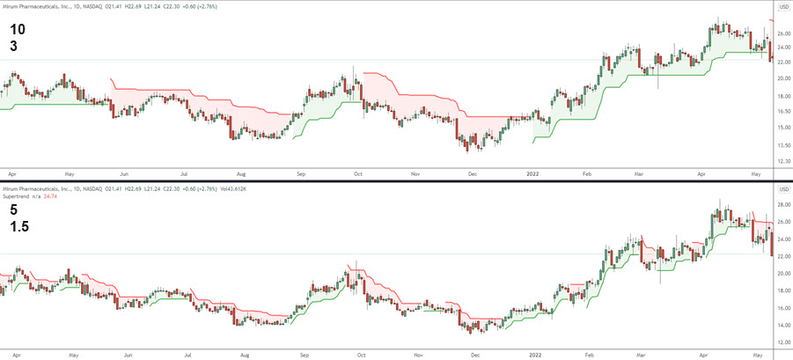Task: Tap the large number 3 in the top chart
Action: pos(15,46)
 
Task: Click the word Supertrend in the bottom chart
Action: pos(16,197)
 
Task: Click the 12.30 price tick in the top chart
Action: pos(782,160)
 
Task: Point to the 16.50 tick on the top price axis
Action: pos(782,112)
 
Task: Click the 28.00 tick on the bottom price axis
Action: pos(782,205)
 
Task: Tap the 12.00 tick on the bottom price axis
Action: pos(782,341)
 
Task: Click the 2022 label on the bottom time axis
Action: pos(534,355)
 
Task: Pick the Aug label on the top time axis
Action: pos(240,174)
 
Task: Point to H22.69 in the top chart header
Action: pos(131,6)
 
